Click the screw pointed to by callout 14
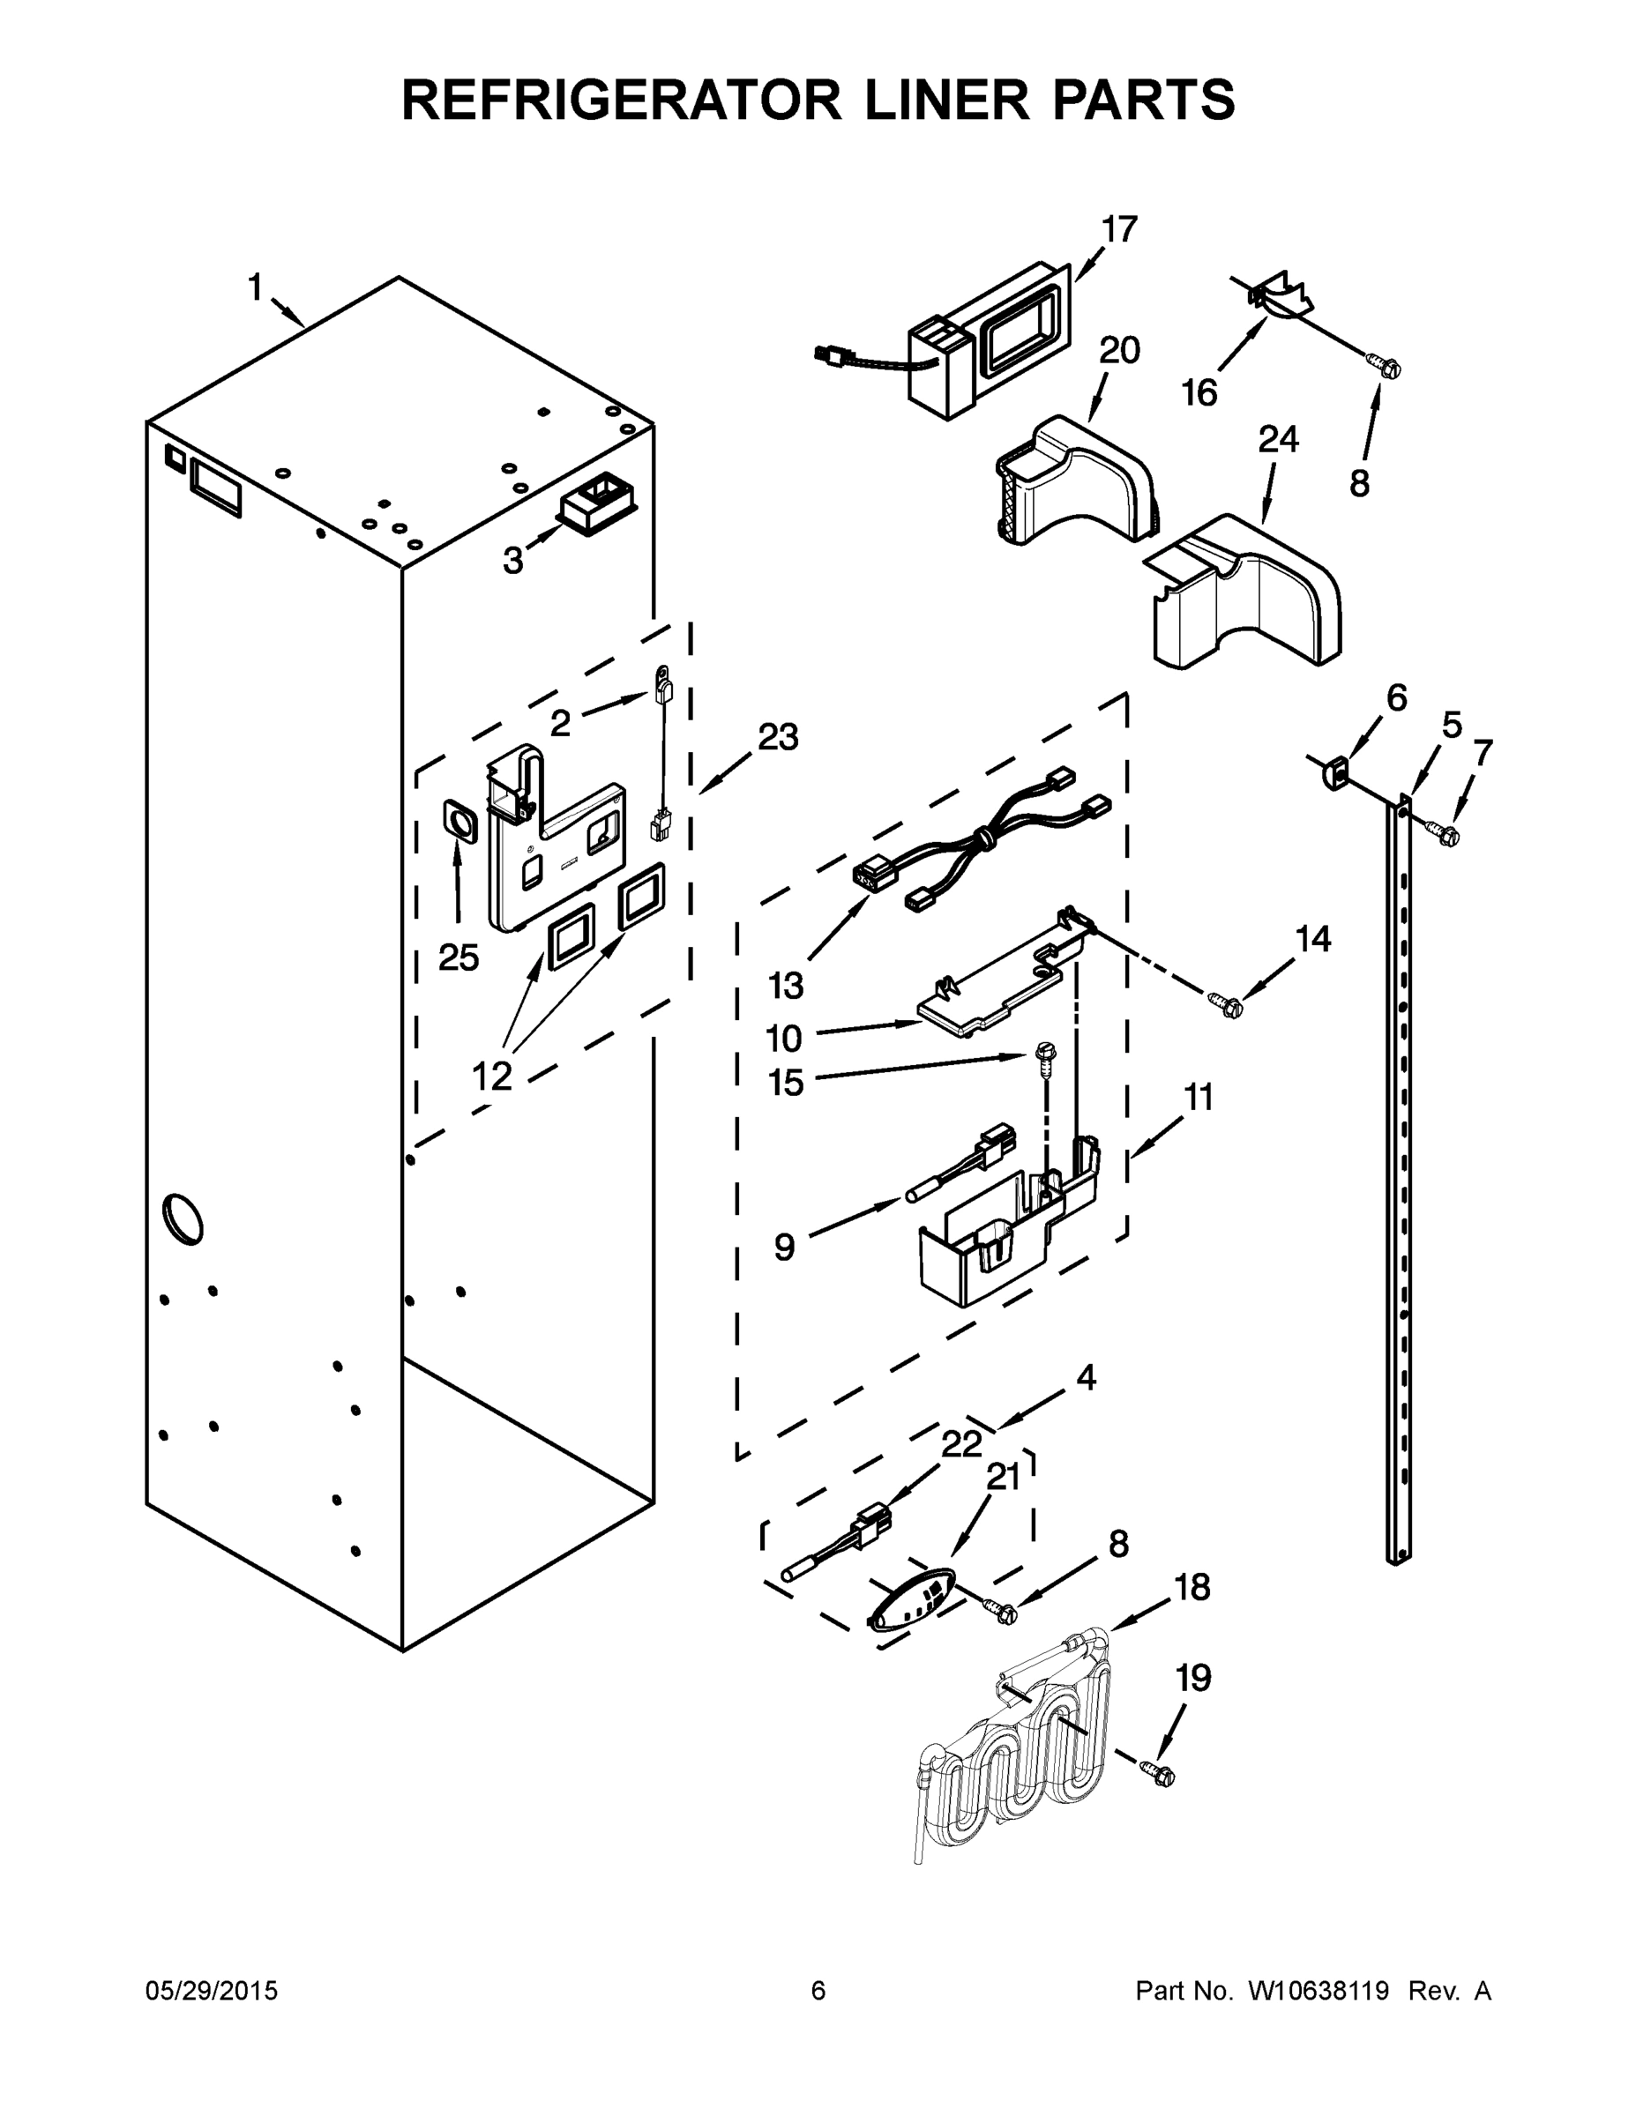(1225, 1005)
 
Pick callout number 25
(459, 957)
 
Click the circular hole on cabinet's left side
(183, 1218)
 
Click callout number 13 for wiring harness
(786, 986)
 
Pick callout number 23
(777, 737)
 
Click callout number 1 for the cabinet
(255, 287)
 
